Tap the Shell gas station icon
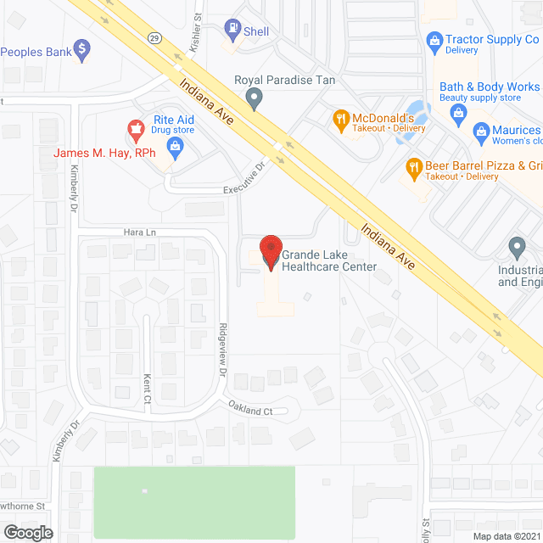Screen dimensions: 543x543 (x=232, y=30)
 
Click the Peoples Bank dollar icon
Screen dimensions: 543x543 (x=81, y=51)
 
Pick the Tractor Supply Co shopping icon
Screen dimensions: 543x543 (x=434, y=40)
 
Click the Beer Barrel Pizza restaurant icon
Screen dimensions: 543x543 (x=415, y=166)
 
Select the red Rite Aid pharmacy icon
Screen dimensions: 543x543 (x=134, y=129)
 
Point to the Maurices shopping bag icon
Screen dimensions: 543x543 (x=482, y=132)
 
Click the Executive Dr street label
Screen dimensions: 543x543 (x=244, y=180)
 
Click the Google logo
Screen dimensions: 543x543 (x=27, y=532)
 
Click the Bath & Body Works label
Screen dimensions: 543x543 (x=489, y=87)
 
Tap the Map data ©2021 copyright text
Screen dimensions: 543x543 (x=507, y=536)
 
